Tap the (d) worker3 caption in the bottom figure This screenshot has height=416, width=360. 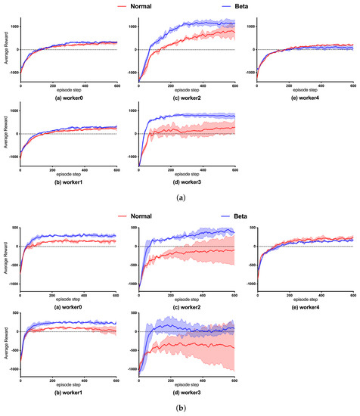[188, 385]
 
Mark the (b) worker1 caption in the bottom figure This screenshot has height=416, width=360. [69, 385]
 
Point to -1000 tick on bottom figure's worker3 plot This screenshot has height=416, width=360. [130, 371]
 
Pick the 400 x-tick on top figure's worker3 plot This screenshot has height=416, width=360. [203, 170]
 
